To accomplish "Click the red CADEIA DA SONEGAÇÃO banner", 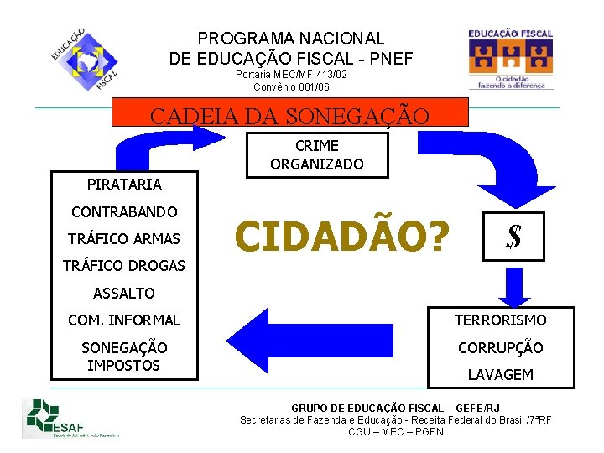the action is pos(289,112).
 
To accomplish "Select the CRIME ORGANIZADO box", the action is pos(317,155).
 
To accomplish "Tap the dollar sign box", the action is pos(513,236).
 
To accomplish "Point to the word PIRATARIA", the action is pos(124,184).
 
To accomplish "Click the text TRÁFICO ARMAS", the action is pos(124,238).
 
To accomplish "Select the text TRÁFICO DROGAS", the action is pos(124,266).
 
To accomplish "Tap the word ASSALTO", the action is pos(124,293).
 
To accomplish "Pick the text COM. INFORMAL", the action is pos(124,320).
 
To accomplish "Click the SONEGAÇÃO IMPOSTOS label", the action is pos(124,357).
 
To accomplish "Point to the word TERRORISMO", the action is pos(500,320).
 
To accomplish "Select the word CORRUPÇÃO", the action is pos(500,347).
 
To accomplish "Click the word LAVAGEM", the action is pos(500,375).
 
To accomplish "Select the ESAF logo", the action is pos(71,418).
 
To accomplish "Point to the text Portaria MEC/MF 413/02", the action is pos(291,75).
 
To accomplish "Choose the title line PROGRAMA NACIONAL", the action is pos(291,39).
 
